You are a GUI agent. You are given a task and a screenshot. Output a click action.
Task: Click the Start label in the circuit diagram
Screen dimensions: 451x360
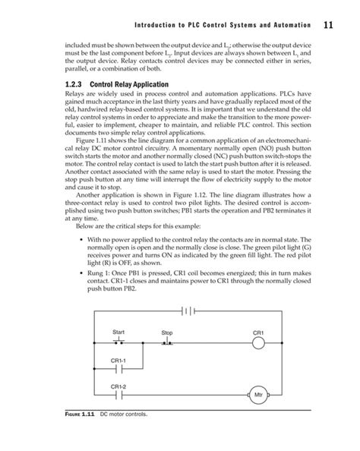click(118, 332)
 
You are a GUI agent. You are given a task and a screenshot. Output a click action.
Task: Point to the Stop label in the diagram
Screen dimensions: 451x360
click(167, 333)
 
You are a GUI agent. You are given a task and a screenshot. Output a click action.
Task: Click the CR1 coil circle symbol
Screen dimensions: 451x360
click(257, 344)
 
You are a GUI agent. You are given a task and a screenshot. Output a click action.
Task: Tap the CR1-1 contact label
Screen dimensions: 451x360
click(118, 361)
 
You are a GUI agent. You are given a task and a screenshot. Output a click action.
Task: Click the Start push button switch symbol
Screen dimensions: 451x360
click(118, 342)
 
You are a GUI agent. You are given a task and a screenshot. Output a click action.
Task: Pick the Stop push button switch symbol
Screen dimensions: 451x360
click(167, 343)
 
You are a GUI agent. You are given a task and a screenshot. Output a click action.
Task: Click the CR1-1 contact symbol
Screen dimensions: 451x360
click(118, 372)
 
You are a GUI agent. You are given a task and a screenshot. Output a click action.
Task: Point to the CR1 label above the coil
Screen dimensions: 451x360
click(257, 333)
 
